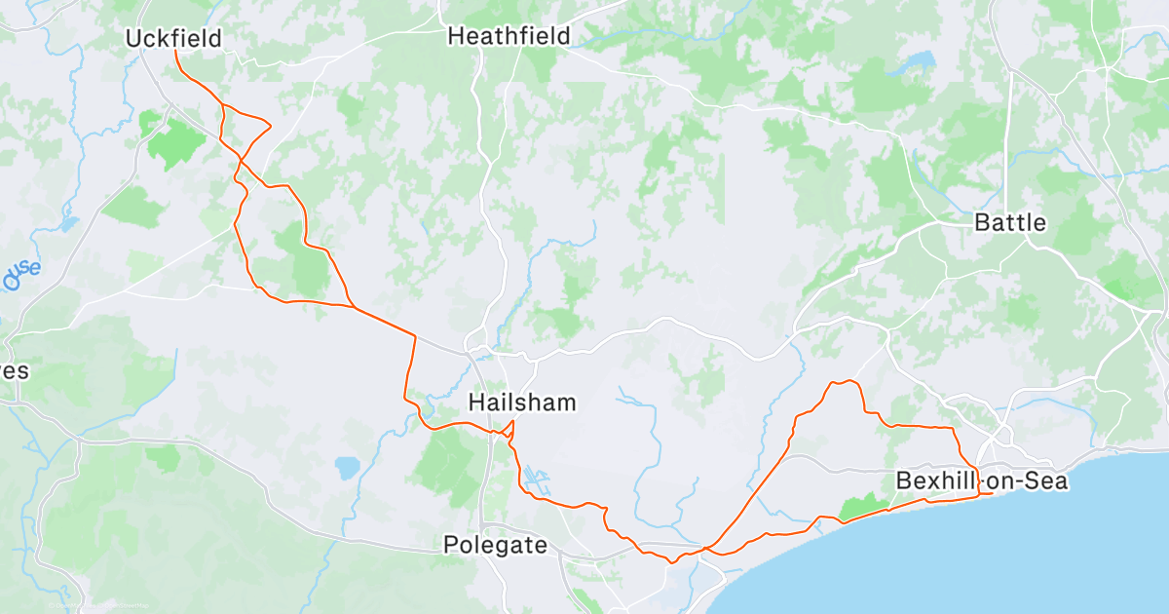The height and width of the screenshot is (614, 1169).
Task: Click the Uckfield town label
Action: (x=174, y=38)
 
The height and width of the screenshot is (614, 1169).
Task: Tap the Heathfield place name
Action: (x=509, y=36)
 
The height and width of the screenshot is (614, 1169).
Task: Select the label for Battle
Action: (x=1010, y=222)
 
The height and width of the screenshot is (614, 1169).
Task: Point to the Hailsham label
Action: (x=522, y=402)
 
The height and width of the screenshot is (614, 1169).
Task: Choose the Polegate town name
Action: (x=495, y=545)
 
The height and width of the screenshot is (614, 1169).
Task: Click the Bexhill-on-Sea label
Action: (x=981, y=480)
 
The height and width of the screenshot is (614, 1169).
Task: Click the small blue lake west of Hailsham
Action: (x=347, y=468)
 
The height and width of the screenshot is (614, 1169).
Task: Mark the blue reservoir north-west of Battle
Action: (x=915, y=64)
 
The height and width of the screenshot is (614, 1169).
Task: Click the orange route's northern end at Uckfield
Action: (x=176, y=52)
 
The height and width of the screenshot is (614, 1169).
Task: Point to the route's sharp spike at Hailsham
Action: (x=513, y=421)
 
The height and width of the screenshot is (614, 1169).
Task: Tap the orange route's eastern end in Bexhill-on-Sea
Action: (x=991, y=493)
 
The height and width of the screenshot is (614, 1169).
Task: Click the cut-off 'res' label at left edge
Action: (x=15, y=371)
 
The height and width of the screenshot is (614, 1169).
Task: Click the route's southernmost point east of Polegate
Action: (x=671, y=562)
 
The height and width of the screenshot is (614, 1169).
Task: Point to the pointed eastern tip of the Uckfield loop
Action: (x=270, y=125)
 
